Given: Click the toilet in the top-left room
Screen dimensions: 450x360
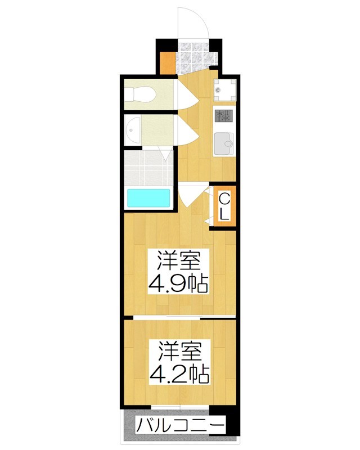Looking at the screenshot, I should click(146, 95).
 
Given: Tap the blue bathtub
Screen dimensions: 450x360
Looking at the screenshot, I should click(148, 198).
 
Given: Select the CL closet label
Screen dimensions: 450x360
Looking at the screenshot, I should click(223, 206).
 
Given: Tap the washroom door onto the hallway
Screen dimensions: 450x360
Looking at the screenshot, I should click(185, 130).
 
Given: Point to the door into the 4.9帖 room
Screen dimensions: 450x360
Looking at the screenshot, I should click(190, 197).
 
